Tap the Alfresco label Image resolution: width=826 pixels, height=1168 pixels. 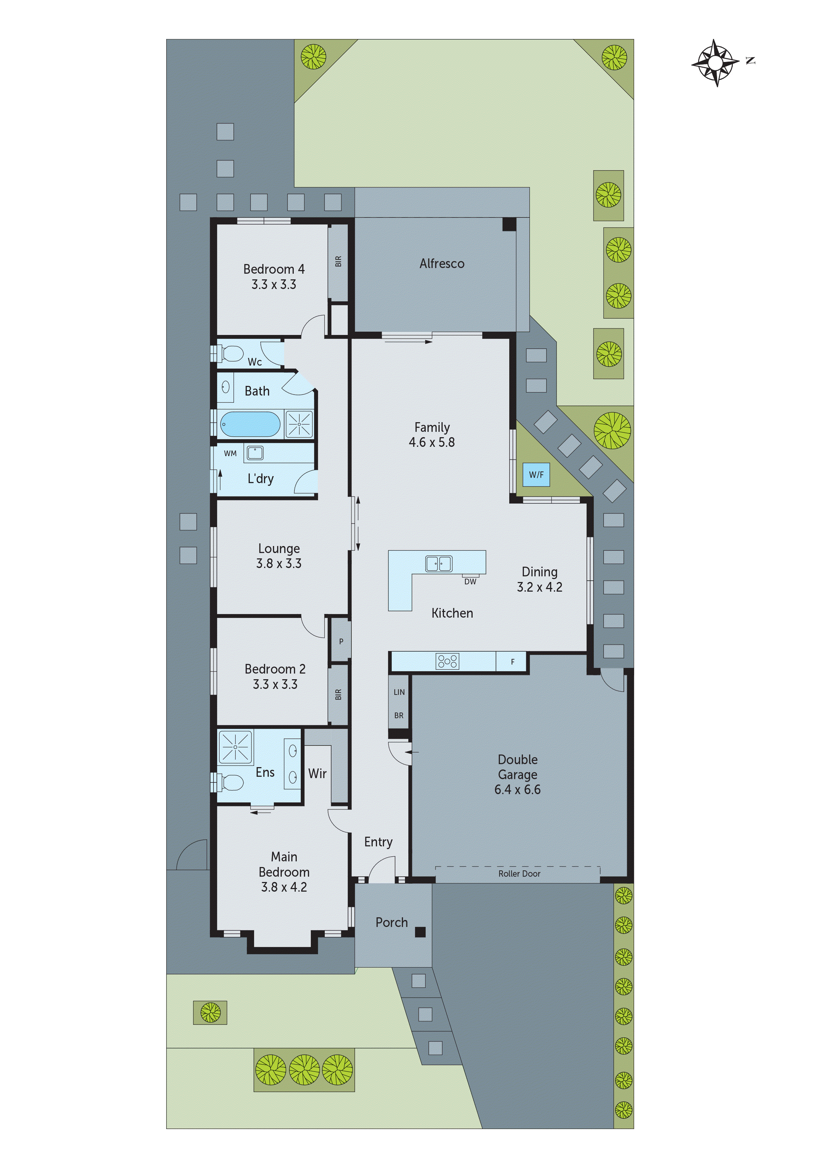442,263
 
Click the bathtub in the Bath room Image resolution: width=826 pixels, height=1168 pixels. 250,424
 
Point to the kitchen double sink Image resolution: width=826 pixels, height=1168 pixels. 438,564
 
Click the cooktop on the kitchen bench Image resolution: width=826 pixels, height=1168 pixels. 447,661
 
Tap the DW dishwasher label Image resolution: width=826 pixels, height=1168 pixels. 470,581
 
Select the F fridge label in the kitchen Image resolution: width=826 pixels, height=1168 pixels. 513,662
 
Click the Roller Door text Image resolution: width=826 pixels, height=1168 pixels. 519,873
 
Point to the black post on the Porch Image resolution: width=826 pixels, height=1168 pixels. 420,932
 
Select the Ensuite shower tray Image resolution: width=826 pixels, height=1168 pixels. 235,747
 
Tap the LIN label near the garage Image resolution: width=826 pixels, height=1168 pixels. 399,692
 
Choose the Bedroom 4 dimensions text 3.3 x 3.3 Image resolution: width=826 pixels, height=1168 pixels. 274,284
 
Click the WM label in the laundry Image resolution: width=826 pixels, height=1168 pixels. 230,453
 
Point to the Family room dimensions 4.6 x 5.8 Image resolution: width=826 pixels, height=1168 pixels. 432,442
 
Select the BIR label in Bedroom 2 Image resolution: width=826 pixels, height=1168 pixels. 338,695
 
